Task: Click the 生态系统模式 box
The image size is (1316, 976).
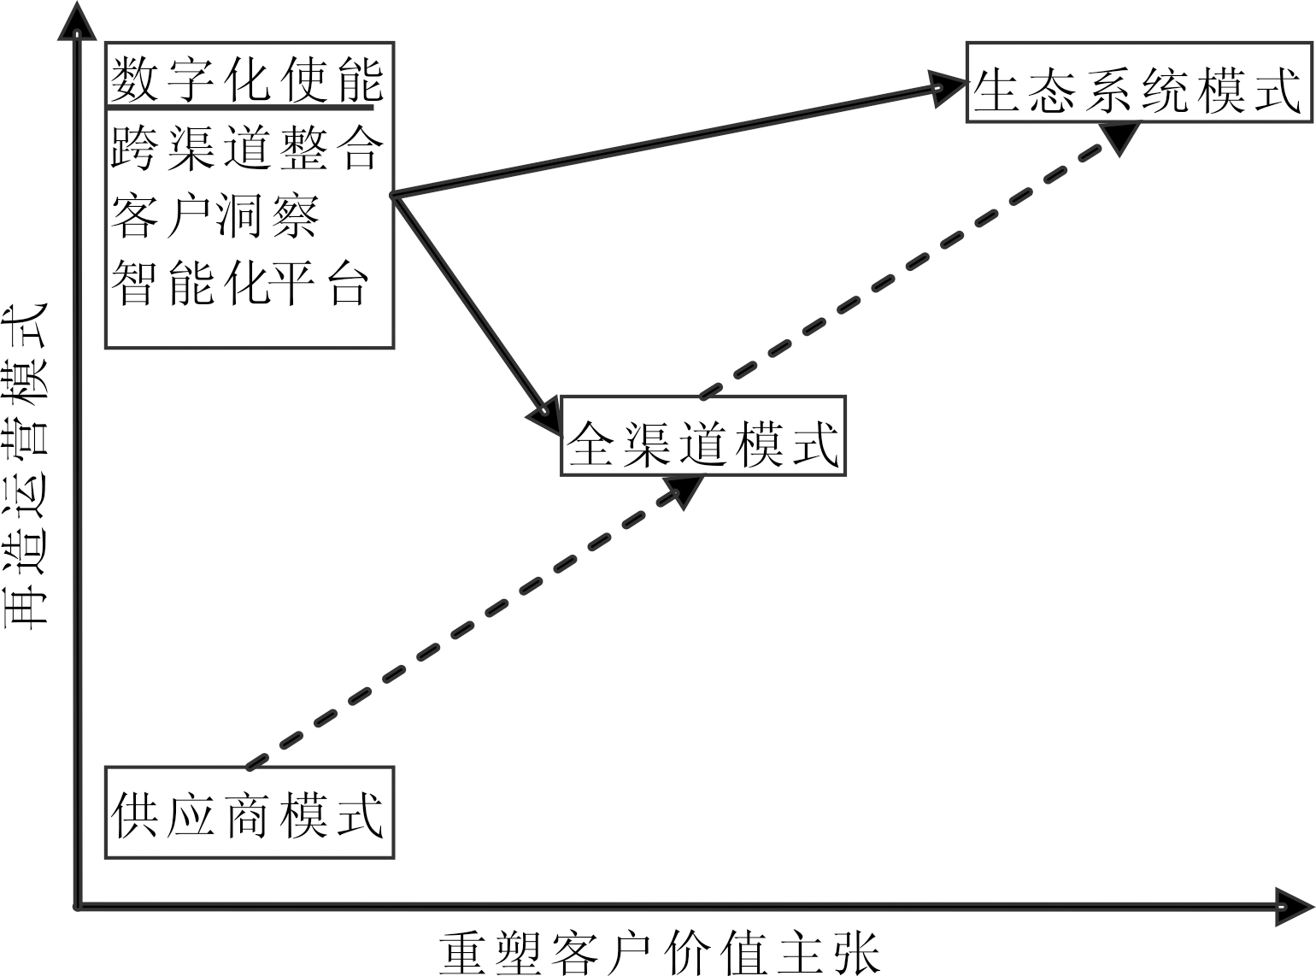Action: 1138,82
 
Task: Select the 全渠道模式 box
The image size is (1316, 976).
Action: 702,436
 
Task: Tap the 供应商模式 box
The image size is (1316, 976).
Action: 249,813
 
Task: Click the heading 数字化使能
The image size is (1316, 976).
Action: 246,79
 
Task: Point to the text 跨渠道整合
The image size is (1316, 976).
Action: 246,148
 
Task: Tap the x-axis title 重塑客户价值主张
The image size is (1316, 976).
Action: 659,953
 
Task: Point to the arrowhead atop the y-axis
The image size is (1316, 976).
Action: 77,21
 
